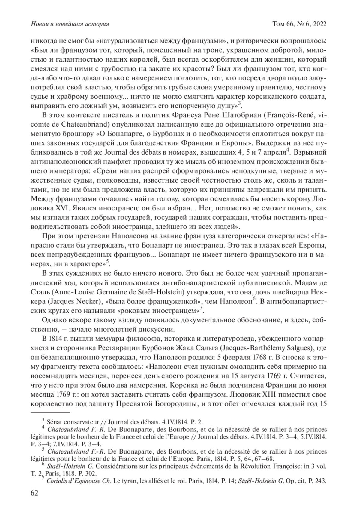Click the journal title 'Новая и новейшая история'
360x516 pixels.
(70, 24)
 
